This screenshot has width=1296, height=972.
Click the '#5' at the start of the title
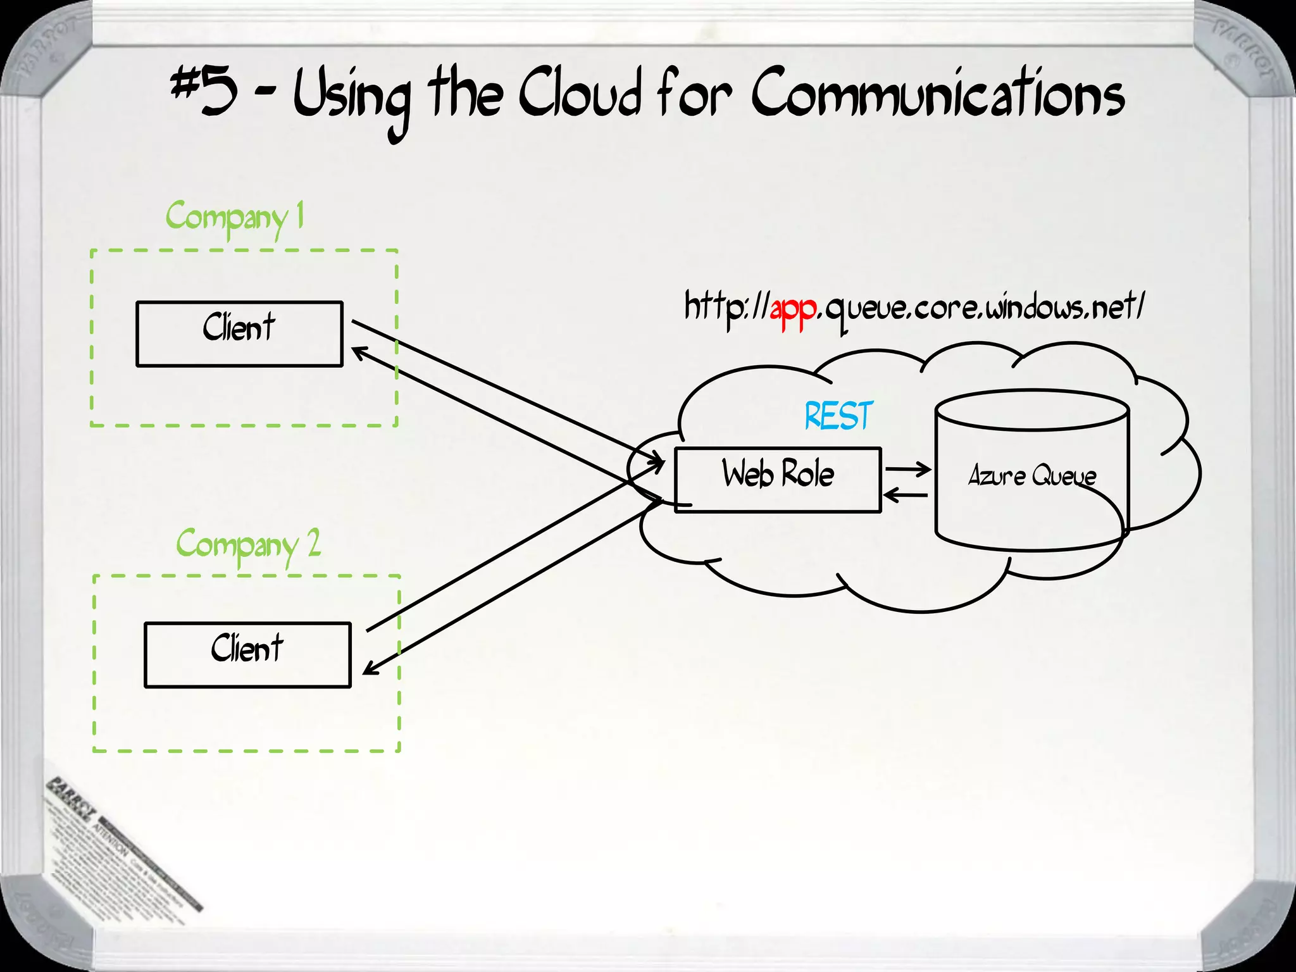point(204,92)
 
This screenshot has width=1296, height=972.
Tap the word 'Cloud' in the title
point(580,95)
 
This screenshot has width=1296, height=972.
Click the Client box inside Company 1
point(239,333)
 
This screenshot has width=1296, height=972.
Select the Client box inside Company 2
point(247,654)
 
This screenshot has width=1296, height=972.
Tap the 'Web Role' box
point(777,480)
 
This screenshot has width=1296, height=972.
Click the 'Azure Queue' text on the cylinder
point(1031,476)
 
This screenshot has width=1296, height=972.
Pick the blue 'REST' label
point(838,416)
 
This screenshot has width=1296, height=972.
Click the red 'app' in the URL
point(792,310)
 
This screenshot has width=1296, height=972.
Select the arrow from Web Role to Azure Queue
point(908,469)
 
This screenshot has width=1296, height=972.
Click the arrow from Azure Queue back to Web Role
point(905,495)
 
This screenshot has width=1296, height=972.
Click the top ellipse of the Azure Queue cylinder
point(1032,410)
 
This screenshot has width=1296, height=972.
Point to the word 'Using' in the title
point(352,99)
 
